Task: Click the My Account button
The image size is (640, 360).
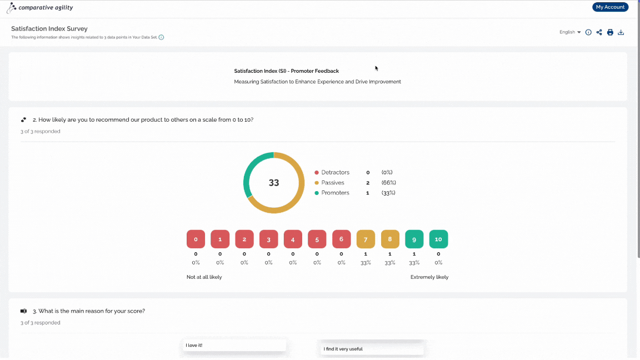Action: tap(610, 7)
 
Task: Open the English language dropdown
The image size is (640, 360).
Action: tap(570, 32)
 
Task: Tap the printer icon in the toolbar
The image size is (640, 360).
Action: tap(610, 32)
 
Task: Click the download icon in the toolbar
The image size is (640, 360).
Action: tap(621, 32)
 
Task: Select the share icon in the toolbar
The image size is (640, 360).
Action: tap(599, 32)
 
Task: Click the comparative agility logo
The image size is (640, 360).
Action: tap(40, 7)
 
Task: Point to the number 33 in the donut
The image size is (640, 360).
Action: tap(274, 183)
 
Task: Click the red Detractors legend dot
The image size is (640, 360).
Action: tap(316, 173)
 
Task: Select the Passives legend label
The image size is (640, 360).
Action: tap(333, 183)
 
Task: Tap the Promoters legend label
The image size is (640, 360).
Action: tap(335, 193)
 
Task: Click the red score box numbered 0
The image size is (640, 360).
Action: tap(196, 239)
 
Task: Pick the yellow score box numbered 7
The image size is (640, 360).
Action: tap(366, 239)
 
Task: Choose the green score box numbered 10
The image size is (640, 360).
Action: tap(438, 239)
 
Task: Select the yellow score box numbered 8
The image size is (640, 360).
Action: tap(390, 239)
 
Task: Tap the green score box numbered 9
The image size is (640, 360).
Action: tap(414, 239)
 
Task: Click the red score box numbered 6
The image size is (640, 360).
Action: tap(341, 239)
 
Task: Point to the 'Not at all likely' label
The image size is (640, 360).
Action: tap(204, 277)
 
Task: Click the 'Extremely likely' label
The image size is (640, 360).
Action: tap(429, 277)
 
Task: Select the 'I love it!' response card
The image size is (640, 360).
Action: tap(234, 346)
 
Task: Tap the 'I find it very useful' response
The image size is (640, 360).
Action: tap(372, 349)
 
